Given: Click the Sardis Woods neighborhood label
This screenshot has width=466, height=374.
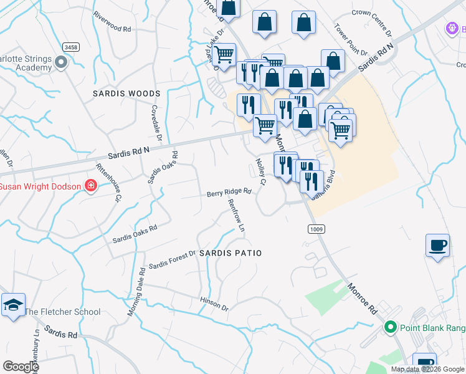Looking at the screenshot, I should (x=126, y=93).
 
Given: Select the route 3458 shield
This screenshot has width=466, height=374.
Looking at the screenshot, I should (x=70, y=47).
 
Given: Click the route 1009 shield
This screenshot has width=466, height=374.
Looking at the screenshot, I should (x=315, y=230).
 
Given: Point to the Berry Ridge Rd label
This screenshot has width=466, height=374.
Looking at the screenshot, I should (x=229, y=193).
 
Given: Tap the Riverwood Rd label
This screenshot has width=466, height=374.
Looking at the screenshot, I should (x=112, y=28).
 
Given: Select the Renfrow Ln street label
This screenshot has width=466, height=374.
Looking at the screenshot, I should (x=237, y=216).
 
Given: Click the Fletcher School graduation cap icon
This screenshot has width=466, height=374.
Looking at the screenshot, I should (x=13, y=305).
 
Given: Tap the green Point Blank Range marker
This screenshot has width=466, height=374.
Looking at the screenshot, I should (x=391, y=327).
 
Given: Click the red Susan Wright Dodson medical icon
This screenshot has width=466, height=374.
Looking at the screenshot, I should (x=91, y=186).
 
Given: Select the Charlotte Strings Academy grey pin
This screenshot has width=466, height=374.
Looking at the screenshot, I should (x=61, y=62).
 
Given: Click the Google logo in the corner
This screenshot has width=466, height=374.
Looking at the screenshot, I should (x=21, y=367).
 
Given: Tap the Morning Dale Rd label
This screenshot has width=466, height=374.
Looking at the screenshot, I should (x=137, y=292).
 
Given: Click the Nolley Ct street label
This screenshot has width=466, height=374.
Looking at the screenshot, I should (x=260, y=171).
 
